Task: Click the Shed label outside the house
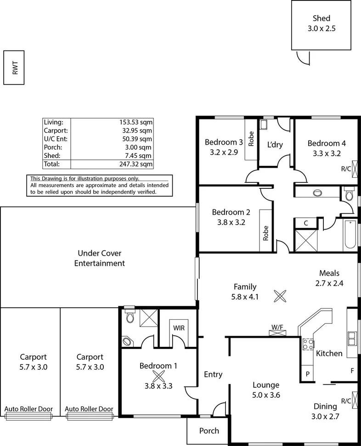[x=322, y=18]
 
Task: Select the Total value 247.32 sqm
[x=136, y=164]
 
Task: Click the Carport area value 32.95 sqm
[x=138, y=130]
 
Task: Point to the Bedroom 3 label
[x=224, y=141]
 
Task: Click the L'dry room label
[x=275, y=145]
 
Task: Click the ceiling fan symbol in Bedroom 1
[x=158, y=377]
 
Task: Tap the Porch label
[x=209, y=431]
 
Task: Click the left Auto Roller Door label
[x=28, y=409]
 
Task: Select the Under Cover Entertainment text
[x=101, y=258]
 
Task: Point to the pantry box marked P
[x=307, y=374]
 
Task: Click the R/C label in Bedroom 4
[x=346, y=169]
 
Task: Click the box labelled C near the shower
[x=306, y=223]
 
